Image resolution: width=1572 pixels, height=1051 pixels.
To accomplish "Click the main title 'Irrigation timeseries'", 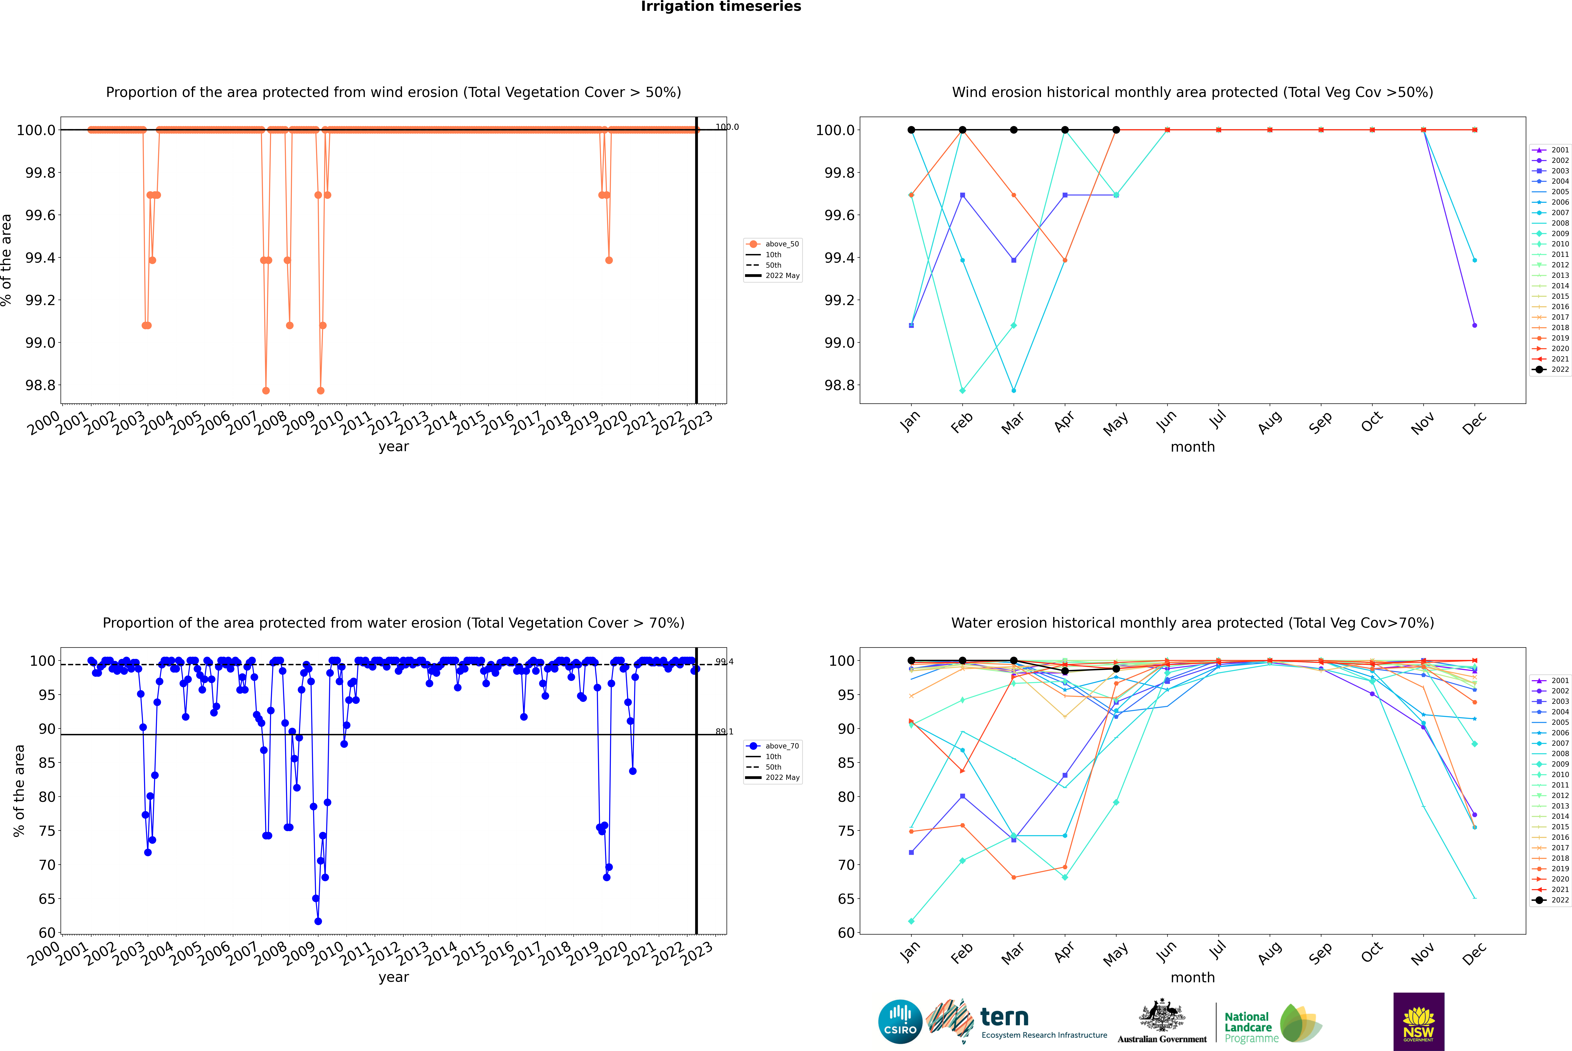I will pos(720,7).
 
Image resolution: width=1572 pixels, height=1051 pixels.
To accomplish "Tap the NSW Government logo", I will pos(1419,1022).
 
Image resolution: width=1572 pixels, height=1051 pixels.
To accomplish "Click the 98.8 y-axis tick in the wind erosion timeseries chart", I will pos(40,385).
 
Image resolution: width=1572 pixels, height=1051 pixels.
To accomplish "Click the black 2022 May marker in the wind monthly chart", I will pos(1116,130).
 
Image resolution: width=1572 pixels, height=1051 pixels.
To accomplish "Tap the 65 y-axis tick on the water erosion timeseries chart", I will pos(47,899).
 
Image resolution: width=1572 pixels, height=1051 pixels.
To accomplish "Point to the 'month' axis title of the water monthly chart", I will pos(1192,977).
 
